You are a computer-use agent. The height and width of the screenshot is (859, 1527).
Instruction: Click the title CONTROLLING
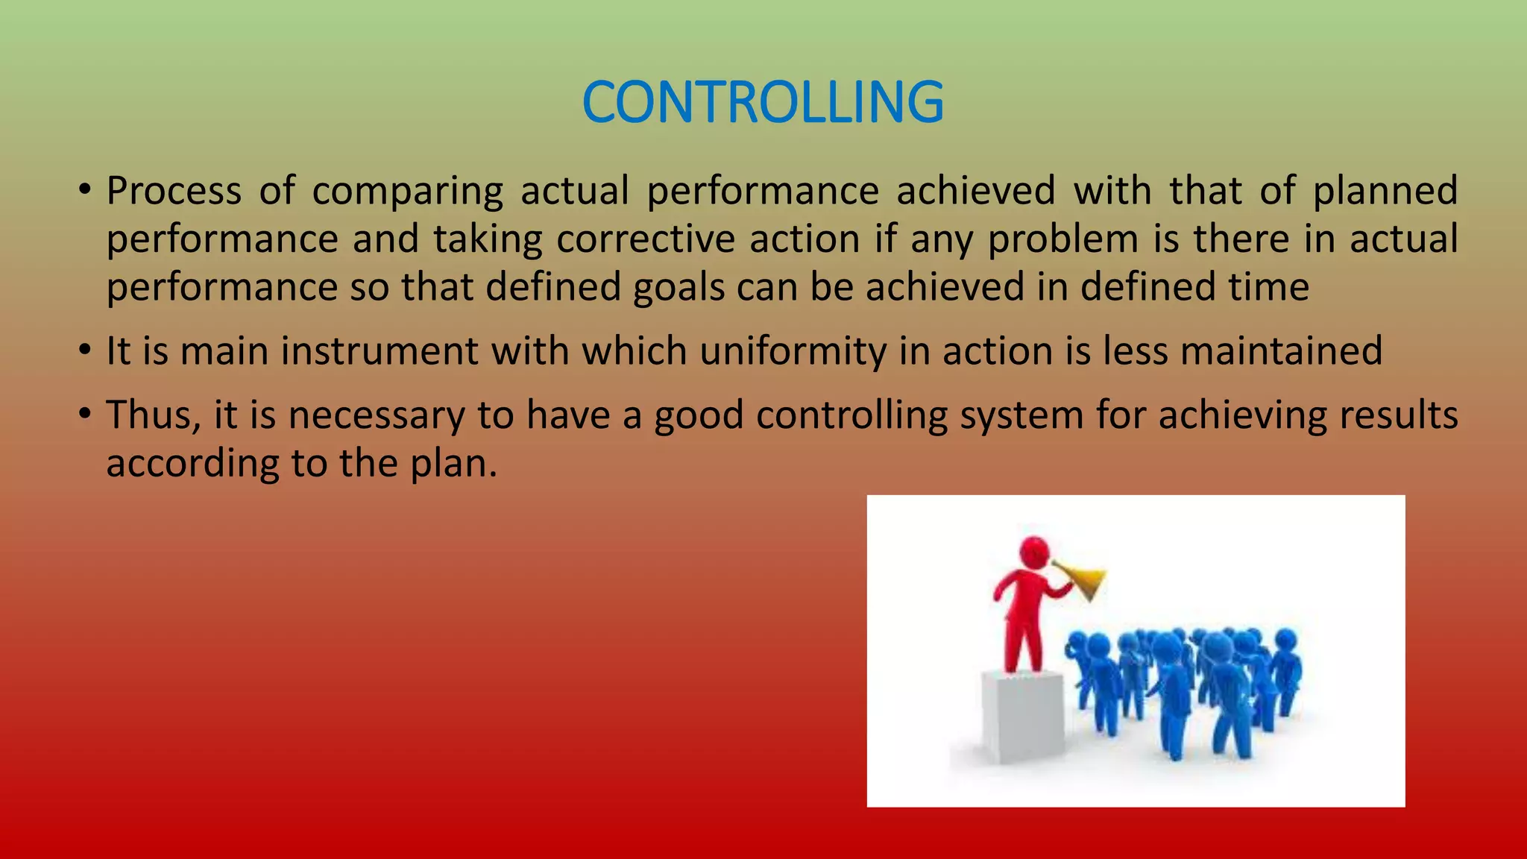tap(763, 102)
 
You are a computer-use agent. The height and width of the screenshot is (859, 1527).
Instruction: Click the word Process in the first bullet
tap(174, 191)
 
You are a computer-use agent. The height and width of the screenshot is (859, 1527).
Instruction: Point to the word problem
tap(1062, 240)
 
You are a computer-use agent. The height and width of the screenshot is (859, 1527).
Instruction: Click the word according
tap(192, 465)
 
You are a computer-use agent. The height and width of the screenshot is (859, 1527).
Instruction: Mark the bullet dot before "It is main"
tap(86, 349)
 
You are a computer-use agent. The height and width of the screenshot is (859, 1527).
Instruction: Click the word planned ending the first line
tap(1385, 191)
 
